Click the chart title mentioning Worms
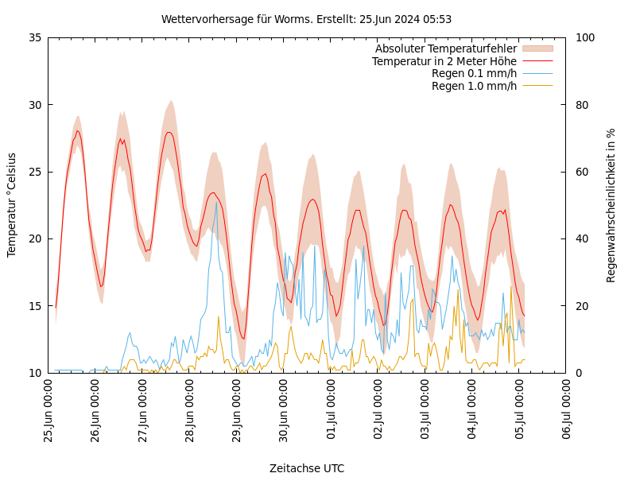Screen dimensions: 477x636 coord(306,19)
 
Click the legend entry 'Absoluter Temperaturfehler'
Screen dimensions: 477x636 coord(445,48)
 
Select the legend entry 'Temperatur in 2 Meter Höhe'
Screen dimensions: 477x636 coord(444,61)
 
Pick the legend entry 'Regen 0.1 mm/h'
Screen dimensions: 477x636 coord(474,73)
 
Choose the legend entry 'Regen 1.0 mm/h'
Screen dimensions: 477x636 coord(474,86)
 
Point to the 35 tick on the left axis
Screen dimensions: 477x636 coord(35,37)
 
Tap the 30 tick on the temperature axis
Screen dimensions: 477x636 coord(35,105)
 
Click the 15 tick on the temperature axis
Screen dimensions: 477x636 coord(35,306)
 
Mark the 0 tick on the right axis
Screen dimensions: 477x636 coord(578,373)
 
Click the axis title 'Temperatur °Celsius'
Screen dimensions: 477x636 coord(12,205)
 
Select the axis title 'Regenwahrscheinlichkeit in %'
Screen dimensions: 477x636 coord(611,205)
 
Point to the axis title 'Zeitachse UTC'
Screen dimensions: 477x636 coord(307,468)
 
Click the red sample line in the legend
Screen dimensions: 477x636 coord(537,61)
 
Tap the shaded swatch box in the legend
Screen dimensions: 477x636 coord(537,48)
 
